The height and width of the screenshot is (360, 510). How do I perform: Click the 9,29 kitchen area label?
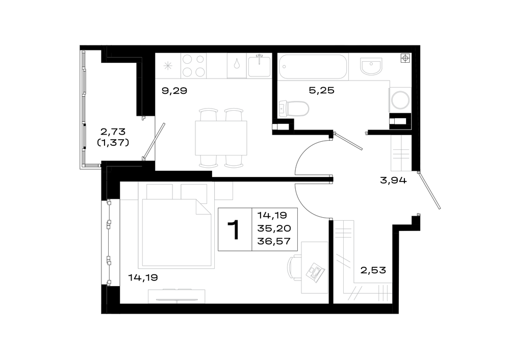pos(174,90)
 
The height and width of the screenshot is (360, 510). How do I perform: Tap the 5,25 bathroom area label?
pos(321,90)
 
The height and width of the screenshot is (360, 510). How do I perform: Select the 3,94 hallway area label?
pos(393,180)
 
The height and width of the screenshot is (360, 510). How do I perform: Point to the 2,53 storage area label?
pos(373,270)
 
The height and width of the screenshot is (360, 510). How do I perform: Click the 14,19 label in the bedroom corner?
pos(143,277)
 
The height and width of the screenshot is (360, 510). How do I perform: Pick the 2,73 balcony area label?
pos(113,132)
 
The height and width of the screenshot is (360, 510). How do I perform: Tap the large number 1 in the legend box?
pos(234,229)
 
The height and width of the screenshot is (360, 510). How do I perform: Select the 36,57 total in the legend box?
pos(274,241)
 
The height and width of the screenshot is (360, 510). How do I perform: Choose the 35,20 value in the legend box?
pos(274,228)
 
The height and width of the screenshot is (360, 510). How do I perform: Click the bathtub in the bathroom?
pos(313,67)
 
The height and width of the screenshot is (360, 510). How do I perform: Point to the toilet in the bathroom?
pos(294,109)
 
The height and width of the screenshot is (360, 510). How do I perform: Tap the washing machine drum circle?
pos(400,100)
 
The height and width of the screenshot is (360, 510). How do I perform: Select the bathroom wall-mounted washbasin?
pos(371,66)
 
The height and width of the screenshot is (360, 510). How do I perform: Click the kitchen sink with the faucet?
pos(259,66)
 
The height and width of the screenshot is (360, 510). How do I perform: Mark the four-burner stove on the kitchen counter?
pos(193,66)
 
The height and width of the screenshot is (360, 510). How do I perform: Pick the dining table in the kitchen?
pos(221,138)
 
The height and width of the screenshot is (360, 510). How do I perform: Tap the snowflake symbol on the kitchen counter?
pos(168,66)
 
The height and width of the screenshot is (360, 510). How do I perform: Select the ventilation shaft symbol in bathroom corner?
pos(405,58)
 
